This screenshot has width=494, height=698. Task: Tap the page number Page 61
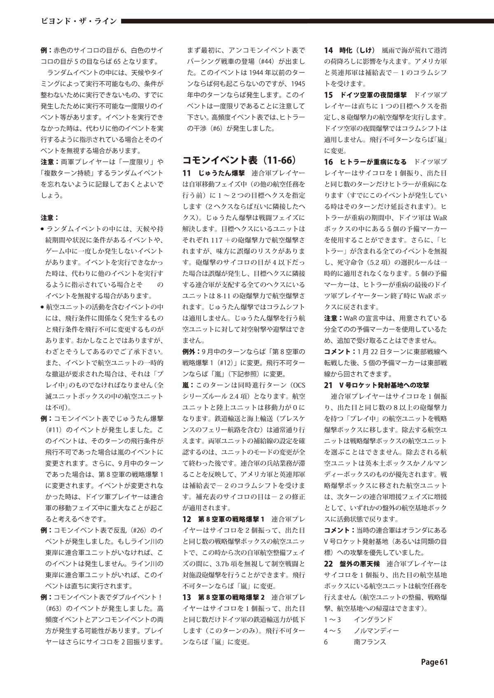click(434, 662)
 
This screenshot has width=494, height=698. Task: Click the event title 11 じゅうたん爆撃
click(214, 173)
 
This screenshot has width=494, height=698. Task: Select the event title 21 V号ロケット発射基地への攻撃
click(377, 385)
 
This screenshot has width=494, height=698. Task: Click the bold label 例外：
click(192, 352)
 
